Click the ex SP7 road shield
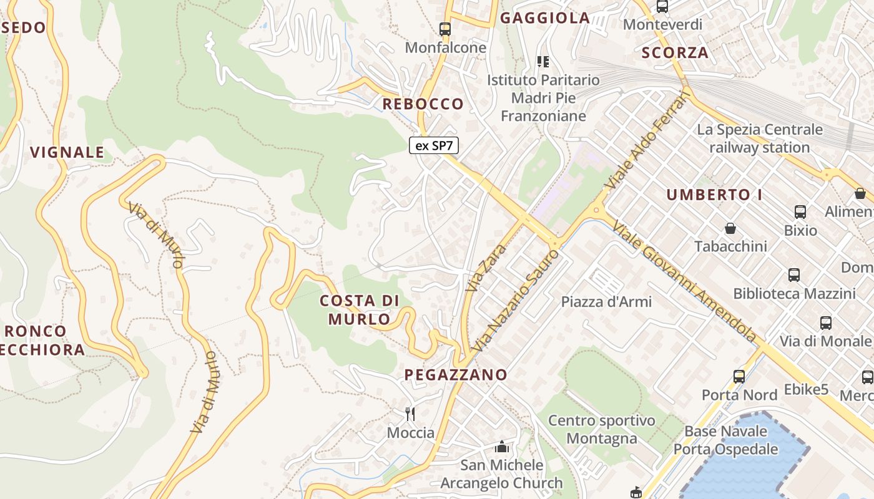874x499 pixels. [x=434, y=146]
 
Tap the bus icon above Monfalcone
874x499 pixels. [x=444, y=29]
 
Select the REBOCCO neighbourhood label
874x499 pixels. [x=423, y=104]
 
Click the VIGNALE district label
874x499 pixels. [x=67, y=152]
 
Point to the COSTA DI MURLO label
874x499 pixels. [x=359, y=310]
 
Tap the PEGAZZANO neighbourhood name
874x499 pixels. [x=456, y=375]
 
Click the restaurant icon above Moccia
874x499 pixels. [x=410, y=414]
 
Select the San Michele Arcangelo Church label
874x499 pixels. [x=502, y=474]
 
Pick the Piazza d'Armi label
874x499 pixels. [x=606, y=302]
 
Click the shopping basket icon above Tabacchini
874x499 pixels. [x=730, y=228]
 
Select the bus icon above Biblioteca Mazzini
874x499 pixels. [x=794, y=274]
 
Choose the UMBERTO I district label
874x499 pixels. [x=714, y=195]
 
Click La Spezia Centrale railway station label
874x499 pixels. [x=760, y=138]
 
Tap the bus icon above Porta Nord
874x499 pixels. [x=739, y=376]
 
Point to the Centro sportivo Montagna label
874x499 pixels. [x=602, y=430]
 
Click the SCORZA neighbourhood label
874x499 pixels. [x=675, y=53]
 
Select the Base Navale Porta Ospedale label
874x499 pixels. [x=725, y=440]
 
